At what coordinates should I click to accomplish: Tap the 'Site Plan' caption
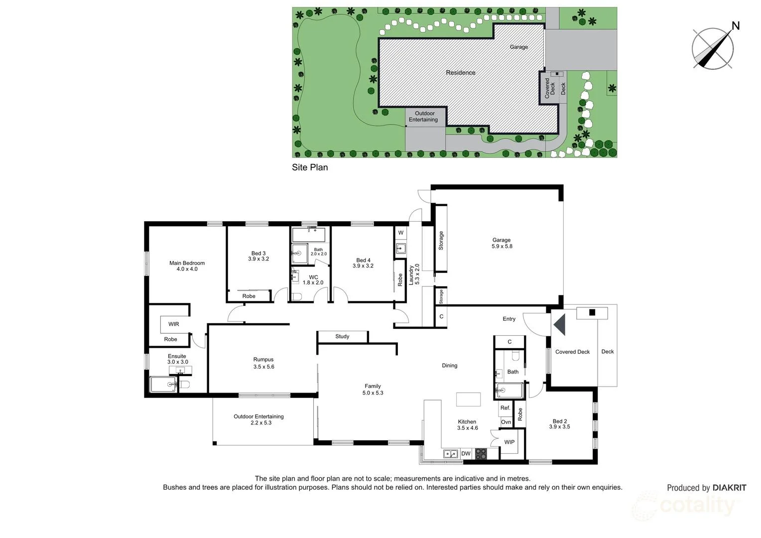[310, 167]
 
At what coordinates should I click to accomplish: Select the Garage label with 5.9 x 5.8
[502, 243]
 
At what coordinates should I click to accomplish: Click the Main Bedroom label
[187, 266]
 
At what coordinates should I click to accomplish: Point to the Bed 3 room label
[258, 256]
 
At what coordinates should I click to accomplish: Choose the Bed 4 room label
[363, 263]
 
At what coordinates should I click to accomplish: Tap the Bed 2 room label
[559, 424]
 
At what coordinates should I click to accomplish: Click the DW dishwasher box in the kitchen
[466, 453]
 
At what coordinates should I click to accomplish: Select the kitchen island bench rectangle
[468, 400]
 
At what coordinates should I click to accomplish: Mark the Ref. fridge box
[506, 408]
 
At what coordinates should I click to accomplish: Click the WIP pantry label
[509, 442]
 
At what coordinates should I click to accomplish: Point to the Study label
[342, 337]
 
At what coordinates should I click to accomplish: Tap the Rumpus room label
[263, 363]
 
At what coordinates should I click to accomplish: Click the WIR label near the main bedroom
[173, 324]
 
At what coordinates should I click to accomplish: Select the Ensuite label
[177, 359]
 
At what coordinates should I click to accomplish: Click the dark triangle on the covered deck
[560, 324]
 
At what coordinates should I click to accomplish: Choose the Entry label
[509, 319]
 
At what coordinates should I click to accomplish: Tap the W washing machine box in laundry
[400, 233]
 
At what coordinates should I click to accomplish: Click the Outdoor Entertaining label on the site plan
[423, 117]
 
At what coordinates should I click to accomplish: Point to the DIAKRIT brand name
[729, 488]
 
